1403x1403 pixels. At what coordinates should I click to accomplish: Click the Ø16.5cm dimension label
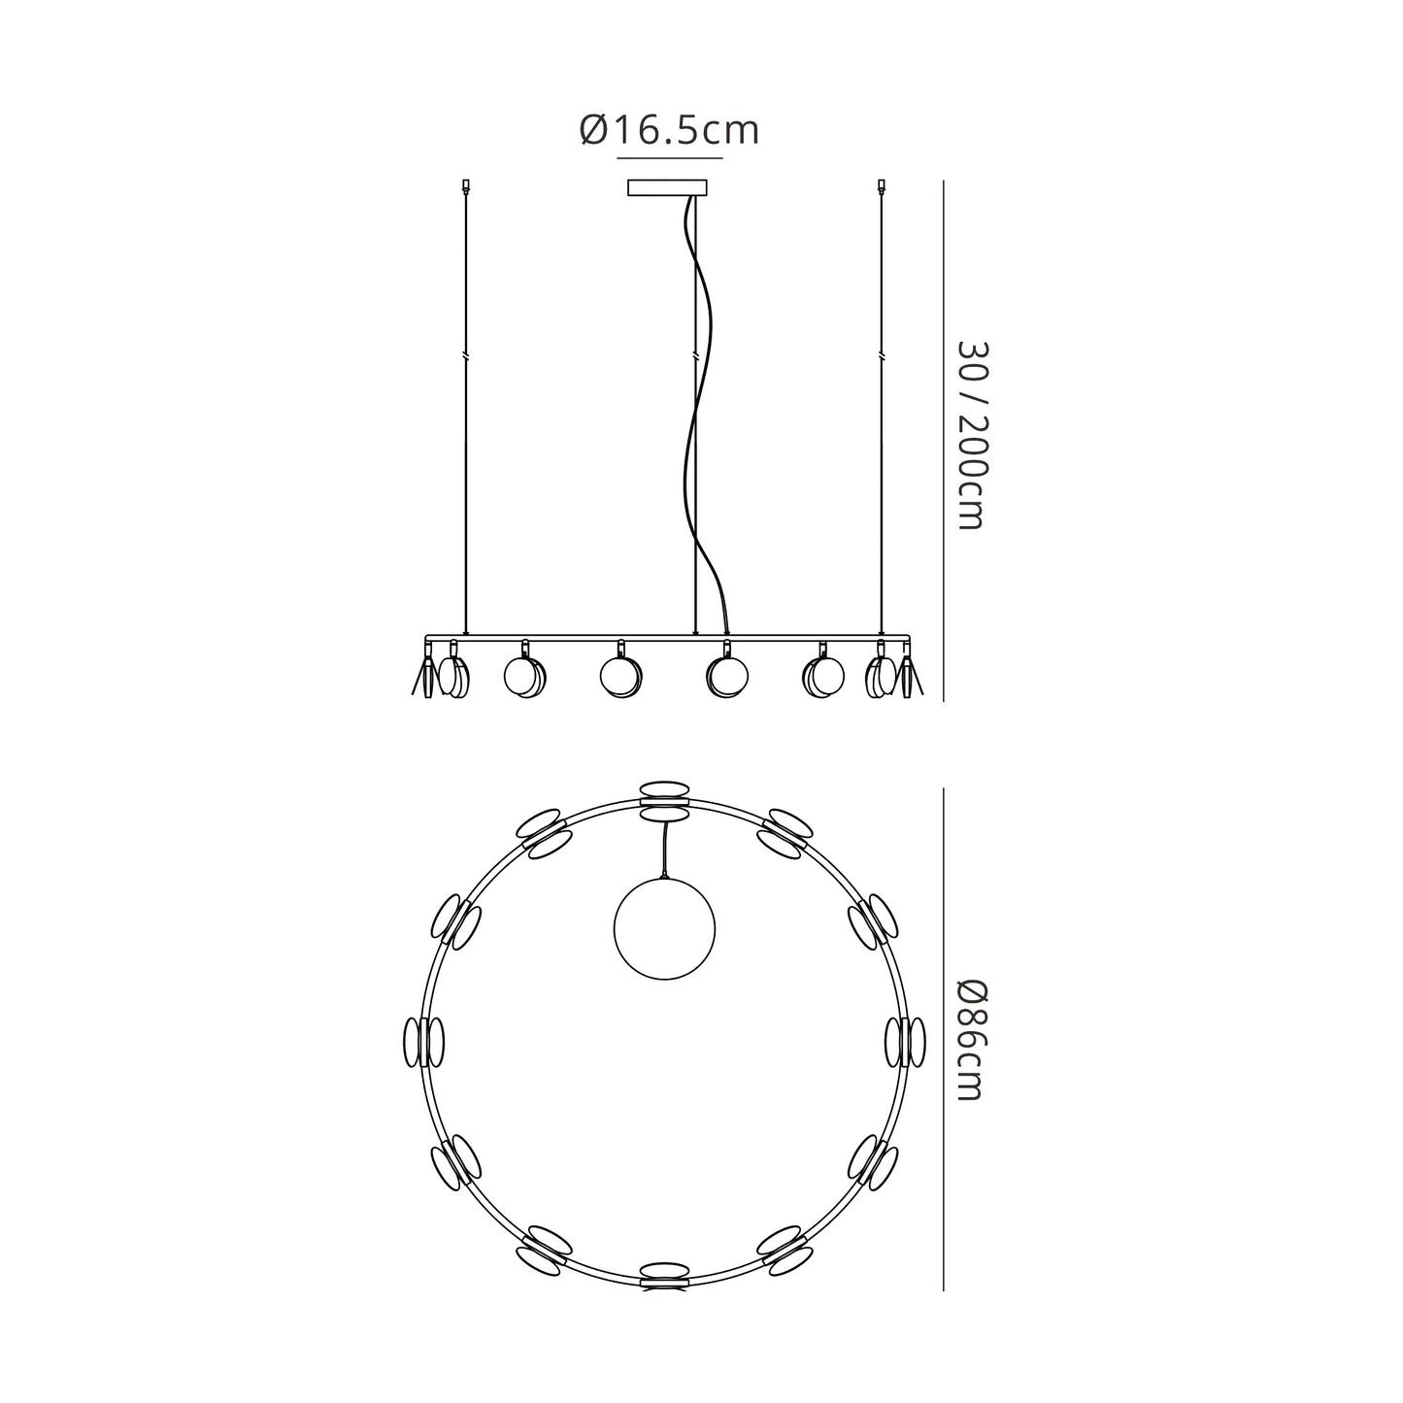[669, 130]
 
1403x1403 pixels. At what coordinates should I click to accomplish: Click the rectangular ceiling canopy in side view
[667, 187]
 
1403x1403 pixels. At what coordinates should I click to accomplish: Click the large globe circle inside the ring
[664, 928]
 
